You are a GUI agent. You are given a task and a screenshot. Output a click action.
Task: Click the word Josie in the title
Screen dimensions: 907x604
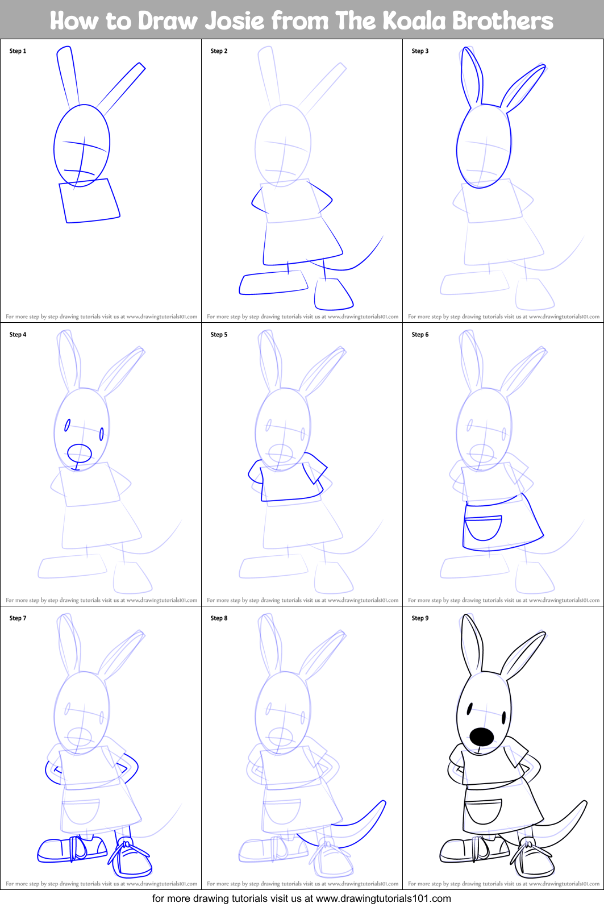click(235, 21)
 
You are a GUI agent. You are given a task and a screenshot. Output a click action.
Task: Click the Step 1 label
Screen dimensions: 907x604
click(18, 51)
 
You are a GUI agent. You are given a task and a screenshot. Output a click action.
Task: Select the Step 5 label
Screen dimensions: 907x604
click(219, 335)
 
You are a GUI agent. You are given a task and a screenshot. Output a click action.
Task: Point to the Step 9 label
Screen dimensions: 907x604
click(420, 618)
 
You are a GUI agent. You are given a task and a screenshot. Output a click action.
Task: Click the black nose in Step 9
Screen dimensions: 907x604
click(482, 737)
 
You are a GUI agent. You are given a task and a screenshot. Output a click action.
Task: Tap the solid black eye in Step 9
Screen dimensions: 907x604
click(469, 709)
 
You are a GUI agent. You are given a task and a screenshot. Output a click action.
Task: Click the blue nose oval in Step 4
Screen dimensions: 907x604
click(80, 453)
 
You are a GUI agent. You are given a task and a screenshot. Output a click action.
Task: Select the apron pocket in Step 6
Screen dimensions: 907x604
click(483, 528)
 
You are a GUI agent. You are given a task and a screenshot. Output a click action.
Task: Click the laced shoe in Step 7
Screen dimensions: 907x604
click(132, 858)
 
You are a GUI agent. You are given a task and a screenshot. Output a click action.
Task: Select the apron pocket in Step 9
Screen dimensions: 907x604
click(484, 811)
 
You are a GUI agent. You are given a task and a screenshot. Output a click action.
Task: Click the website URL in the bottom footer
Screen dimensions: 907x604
click(383, 898)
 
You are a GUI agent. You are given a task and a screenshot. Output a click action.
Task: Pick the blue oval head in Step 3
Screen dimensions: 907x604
click(484, 146)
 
